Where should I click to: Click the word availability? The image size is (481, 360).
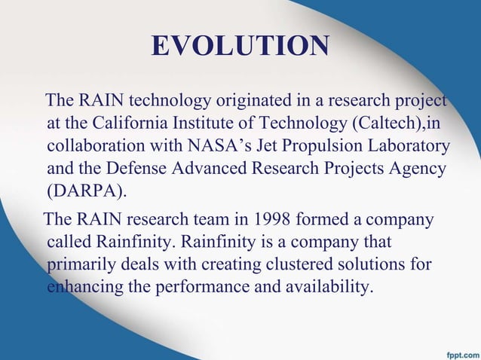pyautogui.click(x=331, y=287)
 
